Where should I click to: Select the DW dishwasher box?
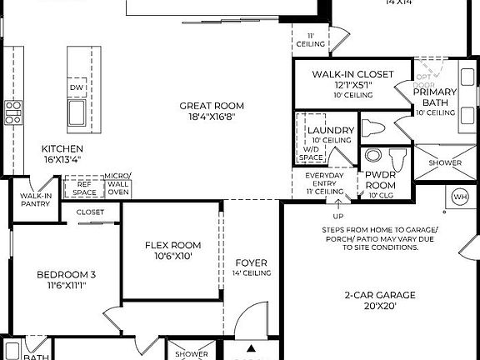coord(77,87)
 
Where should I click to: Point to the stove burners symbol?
coord(13,112)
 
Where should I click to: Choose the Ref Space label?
coord(84,188)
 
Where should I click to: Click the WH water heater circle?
coord(460,197)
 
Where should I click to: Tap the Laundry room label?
coord(331,131)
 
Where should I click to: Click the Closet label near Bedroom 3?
coord(90,212)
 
